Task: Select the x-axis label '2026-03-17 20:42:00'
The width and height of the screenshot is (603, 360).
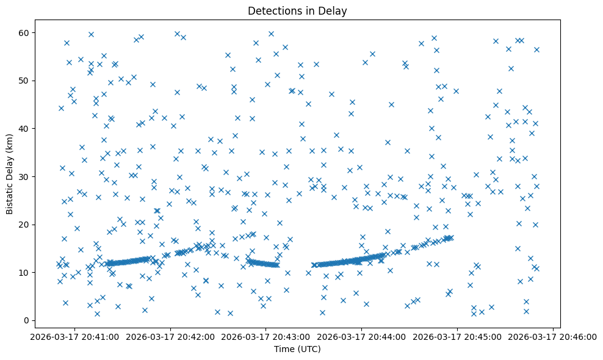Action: [170, 336]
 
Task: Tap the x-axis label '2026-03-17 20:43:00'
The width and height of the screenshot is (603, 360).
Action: [266, 336]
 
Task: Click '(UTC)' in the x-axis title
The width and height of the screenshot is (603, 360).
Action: [308, 350]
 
